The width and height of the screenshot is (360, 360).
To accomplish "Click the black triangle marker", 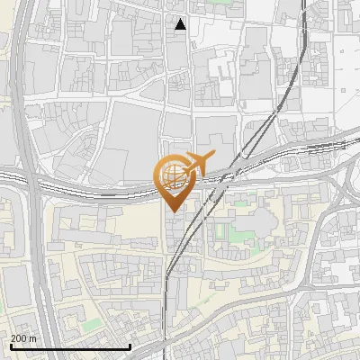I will coord(181,24).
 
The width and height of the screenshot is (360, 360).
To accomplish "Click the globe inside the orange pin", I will coord(170,175).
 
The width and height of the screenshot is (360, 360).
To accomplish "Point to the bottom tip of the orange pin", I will coord(170,211).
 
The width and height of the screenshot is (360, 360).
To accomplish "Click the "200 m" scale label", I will coord(24,337).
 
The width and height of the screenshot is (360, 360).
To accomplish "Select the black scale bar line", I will coord(70,346).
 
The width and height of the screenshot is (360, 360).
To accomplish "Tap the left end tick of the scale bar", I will coord(11,345).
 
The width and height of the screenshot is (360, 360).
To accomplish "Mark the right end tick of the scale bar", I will coord(130,345).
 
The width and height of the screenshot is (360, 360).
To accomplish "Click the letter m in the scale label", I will coord(33,337).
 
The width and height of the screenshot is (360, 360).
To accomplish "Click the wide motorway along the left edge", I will coord(27,108).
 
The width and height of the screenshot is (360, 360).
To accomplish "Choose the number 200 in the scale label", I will coord(19,337).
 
